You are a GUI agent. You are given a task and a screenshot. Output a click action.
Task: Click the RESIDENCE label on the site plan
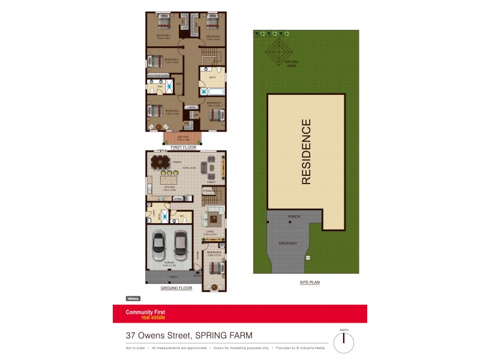pos(306,152)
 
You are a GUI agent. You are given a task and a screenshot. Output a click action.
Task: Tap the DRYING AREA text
pos(292,64)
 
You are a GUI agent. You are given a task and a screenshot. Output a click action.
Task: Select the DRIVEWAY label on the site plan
pos(289,244)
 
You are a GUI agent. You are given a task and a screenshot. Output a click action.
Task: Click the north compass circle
pos(344,343)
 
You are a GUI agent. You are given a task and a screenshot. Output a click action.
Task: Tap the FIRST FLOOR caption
pos(184,147)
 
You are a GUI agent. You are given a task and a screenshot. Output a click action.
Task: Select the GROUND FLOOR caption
pos(176,289)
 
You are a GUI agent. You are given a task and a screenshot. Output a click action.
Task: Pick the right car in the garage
pos(181,244)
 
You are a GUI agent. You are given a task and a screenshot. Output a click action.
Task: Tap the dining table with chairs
pos(160,162)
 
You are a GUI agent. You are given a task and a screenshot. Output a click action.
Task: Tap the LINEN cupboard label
pos(192,107)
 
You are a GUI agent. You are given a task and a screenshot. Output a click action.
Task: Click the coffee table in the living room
pos(214,217)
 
